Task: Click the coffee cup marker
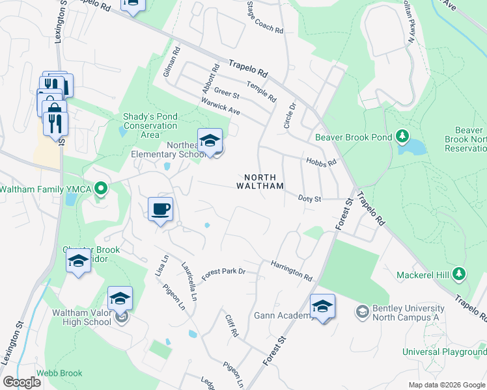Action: [x=160, y=209]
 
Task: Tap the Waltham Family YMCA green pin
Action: [x=100, y=189]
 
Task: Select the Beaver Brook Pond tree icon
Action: [x=402, y=136]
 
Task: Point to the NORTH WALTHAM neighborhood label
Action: [x=264, y=181]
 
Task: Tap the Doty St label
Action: [x=310, y=198]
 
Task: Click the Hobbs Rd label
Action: [x=321, y=161]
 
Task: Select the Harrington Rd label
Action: [x=292, y=271]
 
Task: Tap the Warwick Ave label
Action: [x=220, y=107]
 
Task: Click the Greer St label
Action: [x=227, y=95]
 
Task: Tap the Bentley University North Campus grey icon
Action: [x=362, y=312]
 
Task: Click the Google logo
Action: [x=22, y=382]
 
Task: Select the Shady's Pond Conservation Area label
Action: [x=150, y=125]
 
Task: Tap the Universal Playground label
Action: [x=444, y=352]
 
